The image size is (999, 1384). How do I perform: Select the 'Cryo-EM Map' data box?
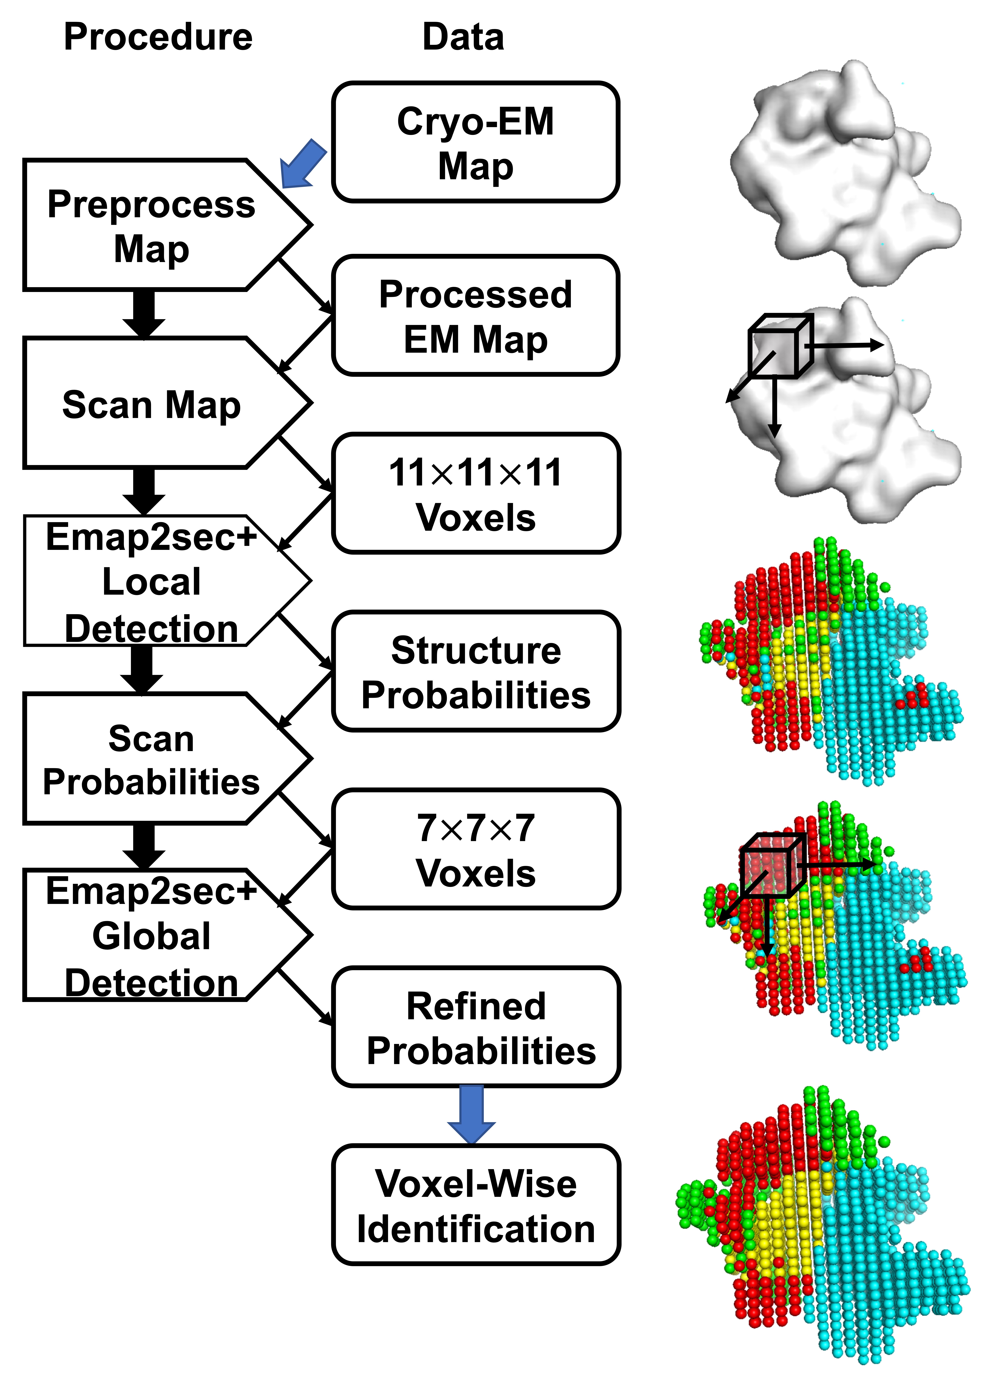coord(475,142)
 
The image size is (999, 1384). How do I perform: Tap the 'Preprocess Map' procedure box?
coord(151,226)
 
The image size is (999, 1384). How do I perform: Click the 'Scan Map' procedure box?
coord(151,404)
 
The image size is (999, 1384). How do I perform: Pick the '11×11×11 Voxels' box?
coord(475,494)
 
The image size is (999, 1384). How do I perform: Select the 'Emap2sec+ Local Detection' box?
coord(151,582)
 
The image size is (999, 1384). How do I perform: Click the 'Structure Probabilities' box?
coord(475,672)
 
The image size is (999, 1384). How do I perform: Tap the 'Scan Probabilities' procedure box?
coord(151,760)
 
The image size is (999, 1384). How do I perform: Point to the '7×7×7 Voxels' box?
coord(475,850)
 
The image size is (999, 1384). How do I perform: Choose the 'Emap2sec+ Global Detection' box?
coord(151,935)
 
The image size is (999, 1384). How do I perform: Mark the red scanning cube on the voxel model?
coord(772,865)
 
